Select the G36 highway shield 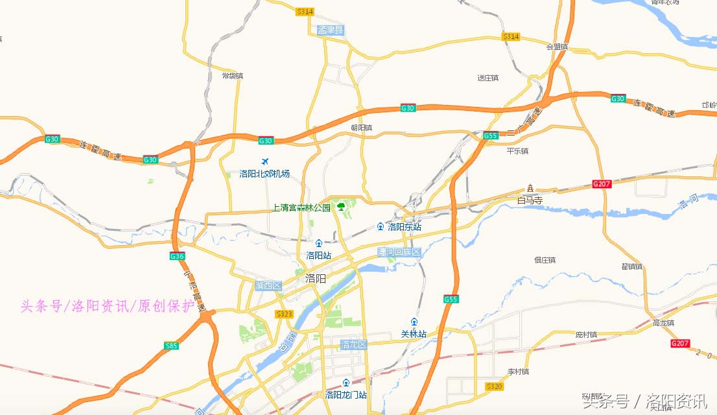(177, 256)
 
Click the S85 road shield (171, 346)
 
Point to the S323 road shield (284, 314)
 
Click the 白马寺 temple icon (530, 188)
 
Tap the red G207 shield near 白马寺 (602, 184)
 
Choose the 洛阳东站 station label (404, 227)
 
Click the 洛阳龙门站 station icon (346, 383)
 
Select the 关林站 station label (413, 334)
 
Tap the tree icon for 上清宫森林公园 (341, 207)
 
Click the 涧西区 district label (268, 285)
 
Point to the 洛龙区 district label (354, 344)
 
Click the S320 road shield (494, 386)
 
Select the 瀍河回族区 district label (399, 252)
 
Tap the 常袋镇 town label (232, 76)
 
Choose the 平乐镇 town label (517, 151)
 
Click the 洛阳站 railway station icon (318, 243)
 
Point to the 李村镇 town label (518, 372)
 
